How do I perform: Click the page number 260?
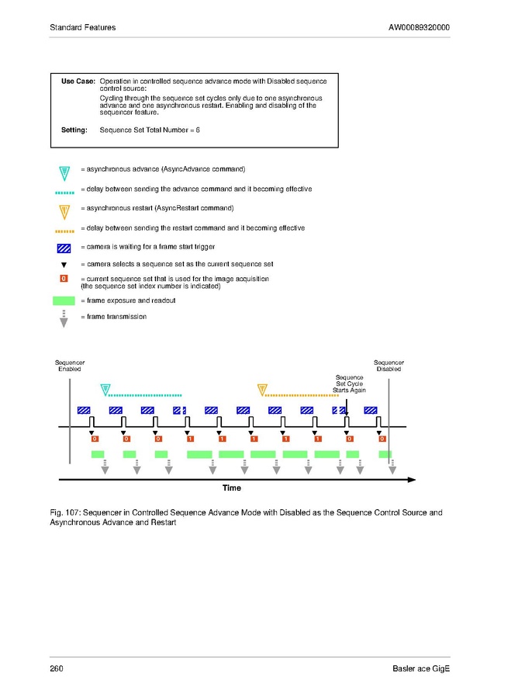coord(56,669)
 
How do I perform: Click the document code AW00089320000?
coord(419,28)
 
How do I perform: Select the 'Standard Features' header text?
coord(82,28)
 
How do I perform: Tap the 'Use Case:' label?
coord(78,81)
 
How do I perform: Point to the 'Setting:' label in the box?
coord(74,130)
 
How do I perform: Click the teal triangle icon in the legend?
coord(64,172)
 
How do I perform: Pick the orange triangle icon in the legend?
coord(64,210)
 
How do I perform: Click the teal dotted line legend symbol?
coord(64,190)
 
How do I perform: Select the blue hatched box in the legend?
coord(64,248)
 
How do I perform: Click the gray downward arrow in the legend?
coord(64,319)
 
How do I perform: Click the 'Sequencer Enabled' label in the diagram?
coord(70,366)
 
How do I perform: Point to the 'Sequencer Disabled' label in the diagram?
coord(389,366)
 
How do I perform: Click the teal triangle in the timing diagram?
coord(106,391)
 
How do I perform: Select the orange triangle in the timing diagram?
coord(263,391)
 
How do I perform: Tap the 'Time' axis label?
coord(231,488)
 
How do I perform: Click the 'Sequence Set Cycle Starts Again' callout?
coord(349,384)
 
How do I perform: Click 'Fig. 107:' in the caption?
coord(65,512)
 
